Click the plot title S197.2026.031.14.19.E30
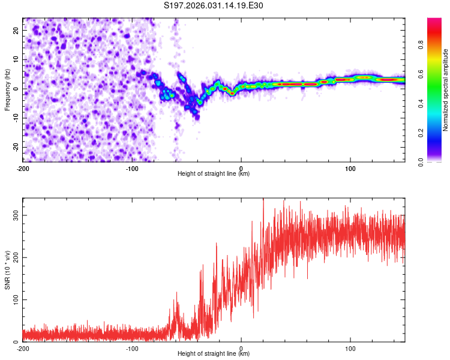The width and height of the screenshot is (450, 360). point(214,6)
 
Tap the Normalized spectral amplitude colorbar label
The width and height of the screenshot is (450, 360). point(445,90)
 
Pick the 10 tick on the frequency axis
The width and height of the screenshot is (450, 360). point(16,59)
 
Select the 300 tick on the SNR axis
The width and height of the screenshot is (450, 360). point(13,215)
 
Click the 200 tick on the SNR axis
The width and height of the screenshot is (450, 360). point(13,257)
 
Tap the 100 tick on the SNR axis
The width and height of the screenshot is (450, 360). point(13,299)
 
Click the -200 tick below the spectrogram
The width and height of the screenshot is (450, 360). point(23,167)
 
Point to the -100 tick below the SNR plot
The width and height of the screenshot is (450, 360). point(132,348)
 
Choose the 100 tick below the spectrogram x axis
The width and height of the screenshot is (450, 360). point(350,167)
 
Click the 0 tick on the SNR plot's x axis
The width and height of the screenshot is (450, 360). point(241,348)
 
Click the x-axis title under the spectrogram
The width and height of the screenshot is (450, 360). point(214,173)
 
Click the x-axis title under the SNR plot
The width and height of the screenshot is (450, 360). point(214,354)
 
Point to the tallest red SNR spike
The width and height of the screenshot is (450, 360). point(263,200)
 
